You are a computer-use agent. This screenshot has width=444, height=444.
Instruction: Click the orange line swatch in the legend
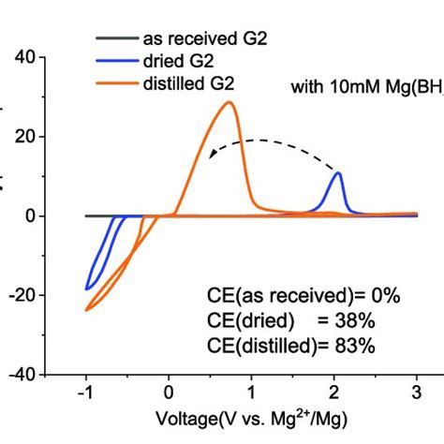coord(115,82)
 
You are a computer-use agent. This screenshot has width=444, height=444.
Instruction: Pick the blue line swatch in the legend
coord(115,61)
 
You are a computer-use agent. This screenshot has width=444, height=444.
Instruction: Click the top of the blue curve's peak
coord(338,173)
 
